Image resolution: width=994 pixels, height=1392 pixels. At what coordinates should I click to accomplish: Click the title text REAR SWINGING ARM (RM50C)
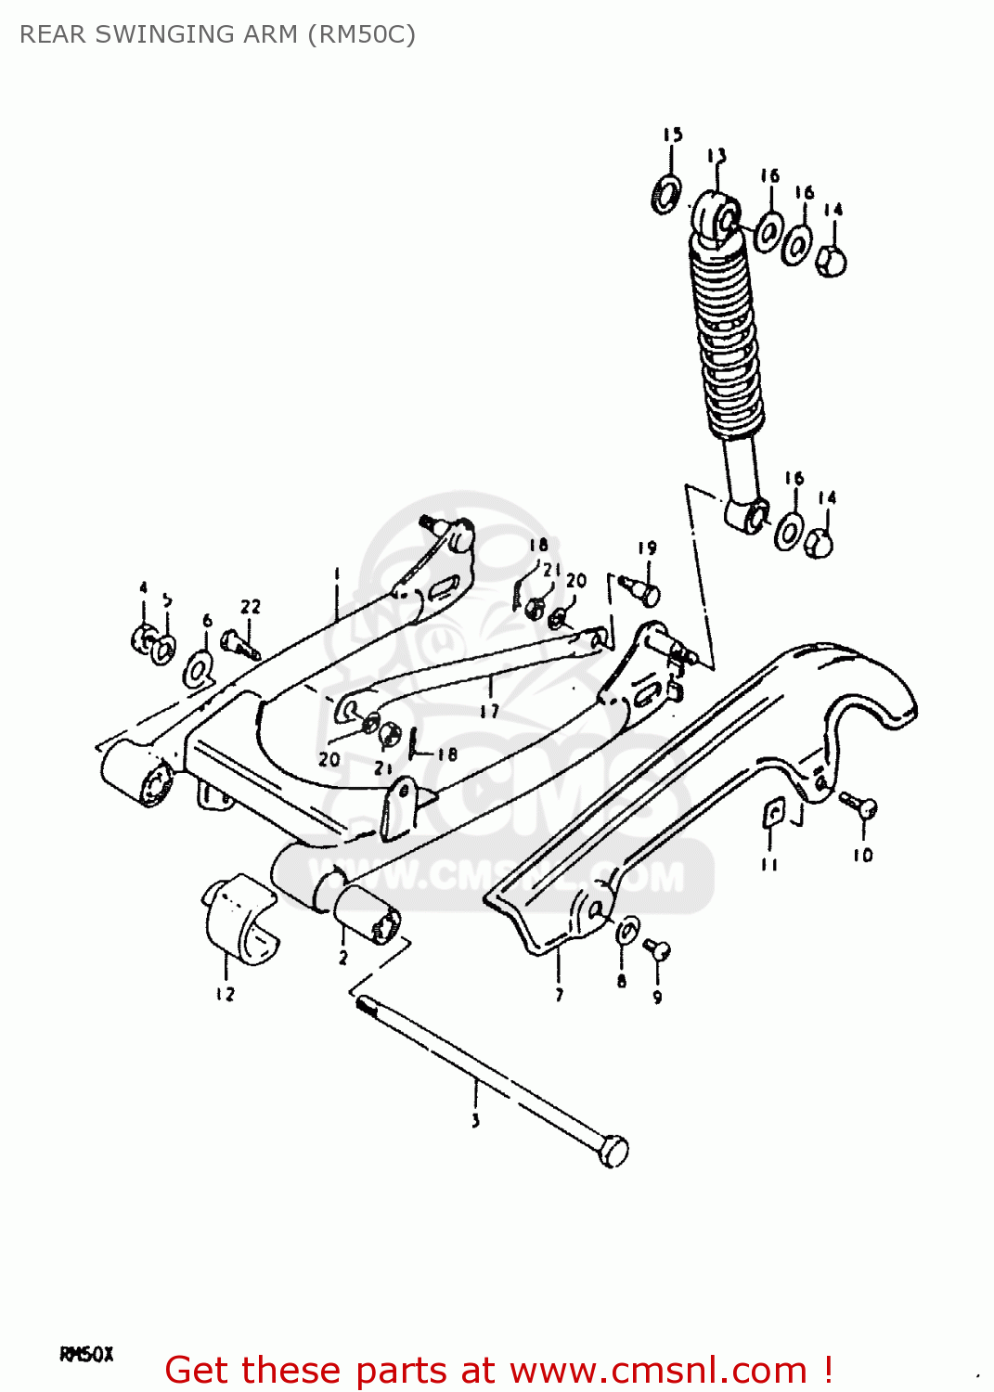(x=217, y=34)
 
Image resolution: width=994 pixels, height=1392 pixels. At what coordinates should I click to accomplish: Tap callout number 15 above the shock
(x=673, y=135)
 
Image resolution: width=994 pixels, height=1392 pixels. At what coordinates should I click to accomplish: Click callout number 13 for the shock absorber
(x=716, y=155)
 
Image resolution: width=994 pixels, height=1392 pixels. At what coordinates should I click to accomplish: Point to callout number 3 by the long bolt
(x=475, y=1120)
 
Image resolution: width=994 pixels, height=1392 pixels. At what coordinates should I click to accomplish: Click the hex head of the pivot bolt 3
(x=613, y=1151)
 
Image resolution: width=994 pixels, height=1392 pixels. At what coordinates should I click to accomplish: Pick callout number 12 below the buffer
(x=226, y=994)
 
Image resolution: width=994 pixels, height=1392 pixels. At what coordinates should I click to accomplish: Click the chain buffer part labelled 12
(x=238, y=918)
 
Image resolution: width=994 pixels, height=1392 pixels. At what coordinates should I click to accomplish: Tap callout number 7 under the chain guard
(x=559, y=995)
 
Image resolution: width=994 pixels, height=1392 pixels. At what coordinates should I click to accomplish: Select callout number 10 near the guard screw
(x=863, y=855)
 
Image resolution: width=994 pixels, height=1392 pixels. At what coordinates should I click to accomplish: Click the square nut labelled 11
(x=772, y=814)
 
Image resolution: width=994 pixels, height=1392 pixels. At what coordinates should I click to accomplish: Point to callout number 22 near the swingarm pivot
(x=251, y=606)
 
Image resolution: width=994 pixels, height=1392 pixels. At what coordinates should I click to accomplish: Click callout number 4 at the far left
(x=143, y=587)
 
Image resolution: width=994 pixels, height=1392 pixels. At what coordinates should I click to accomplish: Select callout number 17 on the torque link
(x=489, y=711)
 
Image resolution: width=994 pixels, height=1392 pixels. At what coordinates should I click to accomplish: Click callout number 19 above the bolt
(x=647, y=548)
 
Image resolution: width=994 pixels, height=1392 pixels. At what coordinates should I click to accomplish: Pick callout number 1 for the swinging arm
(x=337, y=574)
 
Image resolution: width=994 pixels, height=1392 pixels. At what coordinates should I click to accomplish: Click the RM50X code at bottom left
(x=86, y=1354)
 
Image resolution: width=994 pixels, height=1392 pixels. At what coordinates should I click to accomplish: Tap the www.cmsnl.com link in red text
(x=658, y=1370)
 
